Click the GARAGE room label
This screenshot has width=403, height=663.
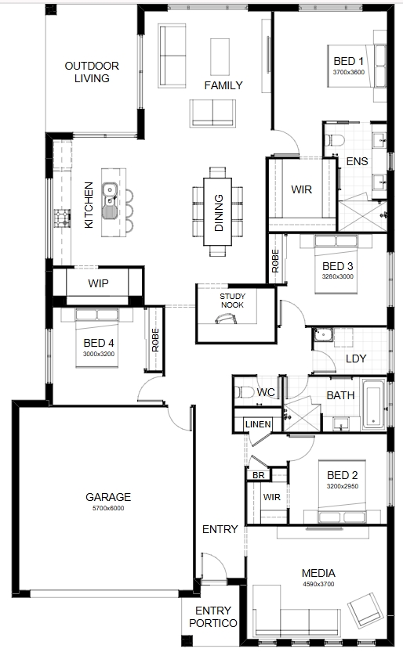click(x=108, y=497)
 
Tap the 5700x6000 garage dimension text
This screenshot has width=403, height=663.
click(x=108, y=508)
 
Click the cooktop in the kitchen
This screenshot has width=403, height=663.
click(x=62, y=218)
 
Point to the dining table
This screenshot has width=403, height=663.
click(x=218, y=211)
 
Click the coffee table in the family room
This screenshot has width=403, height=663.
click(x=220, y=57)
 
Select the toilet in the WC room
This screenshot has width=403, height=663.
click(x=245, y=392)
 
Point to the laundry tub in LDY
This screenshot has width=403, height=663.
click(x=323, y=335)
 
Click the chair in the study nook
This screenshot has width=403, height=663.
click(x=227, y=319)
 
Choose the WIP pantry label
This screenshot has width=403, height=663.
click(x=98, y=283)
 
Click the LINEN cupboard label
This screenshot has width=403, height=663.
click(x=258, y=424)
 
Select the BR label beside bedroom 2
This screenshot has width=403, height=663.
click(x=259, y=475)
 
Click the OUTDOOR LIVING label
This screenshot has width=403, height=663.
click(x=92, y=72)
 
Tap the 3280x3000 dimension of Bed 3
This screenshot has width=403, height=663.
click(x=337, y=276)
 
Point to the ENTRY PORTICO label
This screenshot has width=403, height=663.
click(x=213, y=617)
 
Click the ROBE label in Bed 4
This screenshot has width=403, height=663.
click(x=155, y=340)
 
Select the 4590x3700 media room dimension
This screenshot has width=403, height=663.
click(x=318, y=584)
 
